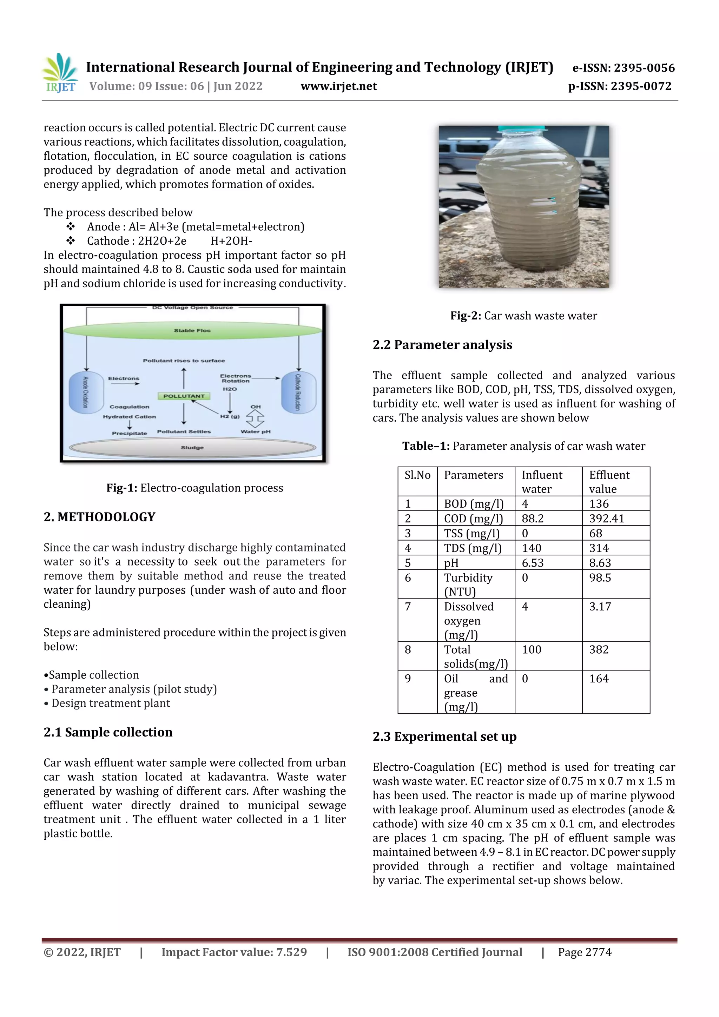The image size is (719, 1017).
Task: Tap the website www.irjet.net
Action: (x=338, y=86)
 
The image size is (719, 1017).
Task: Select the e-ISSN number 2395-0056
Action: (x=623, y=68)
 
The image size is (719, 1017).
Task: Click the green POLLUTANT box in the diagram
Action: (x=184, y=396)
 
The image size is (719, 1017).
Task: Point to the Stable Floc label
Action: (x=192, y=330)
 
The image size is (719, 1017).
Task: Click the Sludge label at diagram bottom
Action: (x=192, y=447)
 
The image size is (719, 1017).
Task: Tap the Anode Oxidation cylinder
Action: (x=86, y=392)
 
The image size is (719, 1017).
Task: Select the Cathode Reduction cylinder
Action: (x=298, y=392)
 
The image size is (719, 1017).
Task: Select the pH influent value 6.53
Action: (x=533, y=563)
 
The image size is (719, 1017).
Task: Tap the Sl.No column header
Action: (x=417, y=475)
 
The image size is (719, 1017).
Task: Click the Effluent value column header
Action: (x=609, y=482)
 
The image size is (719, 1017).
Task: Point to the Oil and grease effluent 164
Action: (x=599, y=679)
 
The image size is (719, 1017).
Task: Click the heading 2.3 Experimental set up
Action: (x=444, y=737)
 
